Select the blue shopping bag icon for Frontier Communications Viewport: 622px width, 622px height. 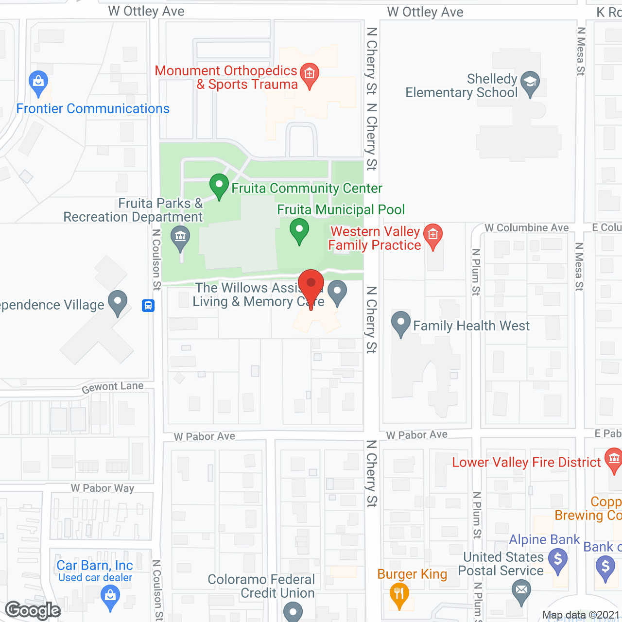[x=38, y=81]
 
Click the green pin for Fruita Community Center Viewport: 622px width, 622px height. [x=219, y=185]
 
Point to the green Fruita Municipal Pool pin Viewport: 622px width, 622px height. [x=299, y=230]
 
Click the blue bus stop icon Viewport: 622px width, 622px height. [x=148, y=306]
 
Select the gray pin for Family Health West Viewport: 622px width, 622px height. [x=401, y=323]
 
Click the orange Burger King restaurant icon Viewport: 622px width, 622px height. [x=399, y=594]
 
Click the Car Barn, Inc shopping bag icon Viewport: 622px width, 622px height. [x=110, y=595]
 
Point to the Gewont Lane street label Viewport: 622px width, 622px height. [x=113, y=387]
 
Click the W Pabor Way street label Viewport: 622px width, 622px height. [x=103, y=488]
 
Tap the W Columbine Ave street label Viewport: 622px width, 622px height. [x=527, y=227]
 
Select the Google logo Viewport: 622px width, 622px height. [x=33, y=610]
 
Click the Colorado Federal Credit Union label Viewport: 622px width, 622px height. [x=261, y=586]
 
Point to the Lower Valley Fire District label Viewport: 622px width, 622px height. [x=526, y=462]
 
